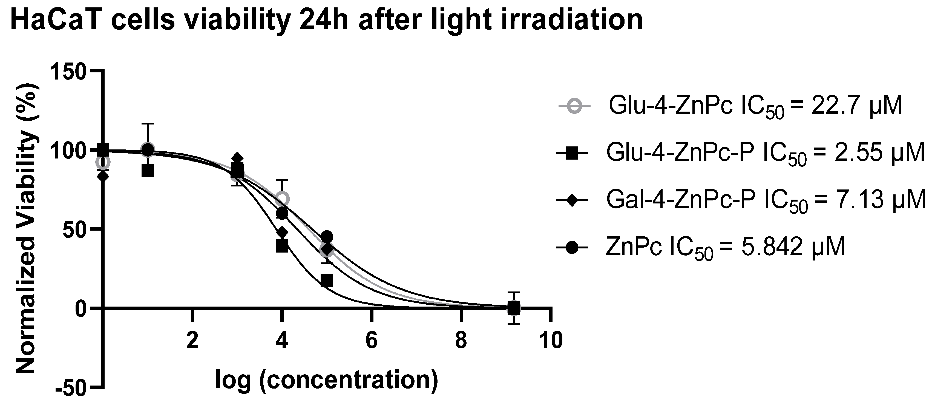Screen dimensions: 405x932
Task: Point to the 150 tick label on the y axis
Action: tap(68, 71)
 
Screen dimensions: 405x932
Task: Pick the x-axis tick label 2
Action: tap(192, 341)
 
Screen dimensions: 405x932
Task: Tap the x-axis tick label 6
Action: tap(372, 341)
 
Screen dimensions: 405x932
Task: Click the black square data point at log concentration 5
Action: tap(327, 280)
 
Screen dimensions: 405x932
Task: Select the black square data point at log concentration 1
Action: tap(148, 170)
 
